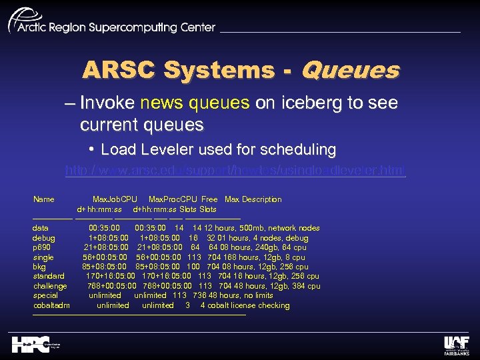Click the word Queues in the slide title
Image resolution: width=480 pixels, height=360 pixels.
pyautogui.click(x=351, y=70)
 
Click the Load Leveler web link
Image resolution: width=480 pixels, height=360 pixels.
pyautogui.click(x=235, y=171)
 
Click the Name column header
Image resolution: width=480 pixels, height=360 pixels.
pyautogui.click(x=44, y=199)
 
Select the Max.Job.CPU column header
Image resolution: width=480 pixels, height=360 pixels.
pyautogui.click(x=115, y=199)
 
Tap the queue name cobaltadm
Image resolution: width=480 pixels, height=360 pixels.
pyautogui.click(x=51, y=305)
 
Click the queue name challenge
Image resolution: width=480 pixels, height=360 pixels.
pyautogui.click(x=50, y=286)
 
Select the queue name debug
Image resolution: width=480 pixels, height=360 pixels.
pyautogui.click(x=43, y=238)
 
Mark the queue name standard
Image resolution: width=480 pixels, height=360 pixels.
pyautogui.click(x=49, y=276)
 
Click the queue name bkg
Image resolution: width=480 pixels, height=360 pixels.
pyautogui.click(x=39, y=267)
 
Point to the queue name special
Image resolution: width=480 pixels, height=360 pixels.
pyautogui.click(x=45, y=295)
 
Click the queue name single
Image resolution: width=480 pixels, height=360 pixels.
pyautogui.click(x=43, y=257)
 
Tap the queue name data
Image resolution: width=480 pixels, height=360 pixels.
pyautogui.click(x=40, y=228)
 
